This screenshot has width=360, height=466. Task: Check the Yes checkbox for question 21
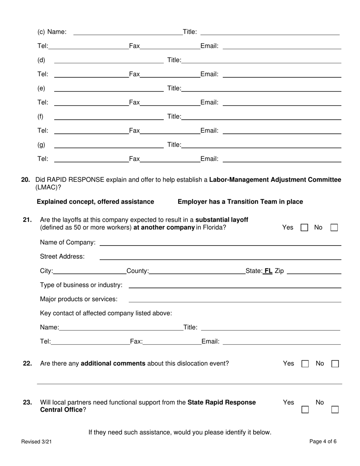304,228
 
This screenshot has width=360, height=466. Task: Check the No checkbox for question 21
334,228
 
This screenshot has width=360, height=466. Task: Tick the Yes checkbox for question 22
305,364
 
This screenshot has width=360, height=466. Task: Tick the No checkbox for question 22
335,364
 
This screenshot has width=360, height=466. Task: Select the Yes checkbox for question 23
305,410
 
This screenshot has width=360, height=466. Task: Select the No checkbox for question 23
335,410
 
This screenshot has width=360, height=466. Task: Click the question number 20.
25,180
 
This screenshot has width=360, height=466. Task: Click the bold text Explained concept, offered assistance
95,202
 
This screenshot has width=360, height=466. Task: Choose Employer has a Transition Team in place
240,202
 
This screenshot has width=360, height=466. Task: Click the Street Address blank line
220,258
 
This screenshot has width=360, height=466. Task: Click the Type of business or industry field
235,286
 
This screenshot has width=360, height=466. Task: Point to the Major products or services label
78,299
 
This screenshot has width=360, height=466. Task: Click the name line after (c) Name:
128,33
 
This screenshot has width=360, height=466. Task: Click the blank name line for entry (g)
109,145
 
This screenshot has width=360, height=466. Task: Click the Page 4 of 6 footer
322,441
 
